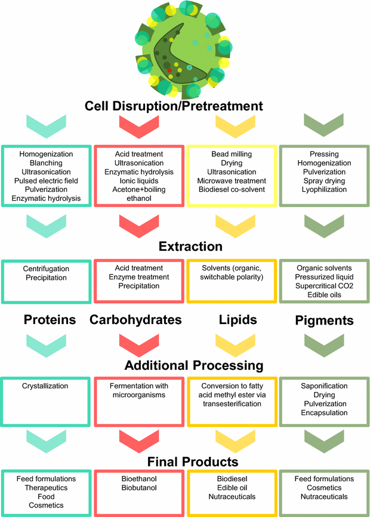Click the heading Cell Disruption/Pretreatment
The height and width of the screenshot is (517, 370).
tap(182, 106)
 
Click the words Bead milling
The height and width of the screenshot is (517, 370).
tap(232, 154)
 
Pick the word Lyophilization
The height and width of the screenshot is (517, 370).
tap(324, 189)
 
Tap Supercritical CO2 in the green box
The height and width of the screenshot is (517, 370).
tap(324, 285)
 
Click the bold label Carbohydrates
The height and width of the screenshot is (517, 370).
tap(135, 320)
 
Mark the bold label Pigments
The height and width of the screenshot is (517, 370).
tap(324, 320)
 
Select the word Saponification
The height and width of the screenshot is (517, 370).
tap(324, 386)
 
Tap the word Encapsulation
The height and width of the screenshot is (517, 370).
tap(324, 412)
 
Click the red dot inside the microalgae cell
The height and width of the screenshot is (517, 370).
tap(169, 70)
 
